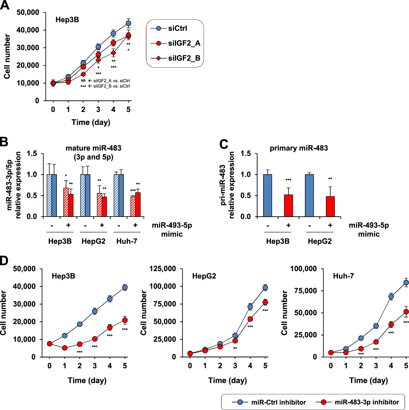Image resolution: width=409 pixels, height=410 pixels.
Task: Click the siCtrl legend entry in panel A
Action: [177, 28]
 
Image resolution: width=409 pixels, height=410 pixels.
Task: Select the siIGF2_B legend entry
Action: [184, 58]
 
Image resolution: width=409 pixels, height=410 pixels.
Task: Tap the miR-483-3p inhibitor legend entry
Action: [367, 402]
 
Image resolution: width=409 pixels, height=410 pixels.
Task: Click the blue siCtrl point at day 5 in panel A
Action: [128, 23]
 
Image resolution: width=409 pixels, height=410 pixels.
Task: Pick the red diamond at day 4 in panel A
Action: [113, 53]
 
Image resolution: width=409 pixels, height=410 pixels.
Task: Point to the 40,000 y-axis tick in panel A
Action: [28, 30]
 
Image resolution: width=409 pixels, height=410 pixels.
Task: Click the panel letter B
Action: [4, 142]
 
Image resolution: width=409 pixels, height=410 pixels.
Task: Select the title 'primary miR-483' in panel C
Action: [299, 148]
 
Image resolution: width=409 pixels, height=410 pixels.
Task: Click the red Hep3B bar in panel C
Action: [288, 206]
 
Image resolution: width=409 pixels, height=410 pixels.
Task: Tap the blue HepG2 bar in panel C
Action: [309, 195]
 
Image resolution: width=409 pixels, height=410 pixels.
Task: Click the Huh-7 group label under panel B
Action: [127, 241]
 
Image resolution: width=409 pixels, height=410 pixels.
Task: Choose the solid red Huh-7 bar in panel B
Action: [138, 204]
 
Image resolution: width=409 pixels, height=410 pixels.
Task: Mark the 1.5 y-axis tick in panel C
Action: [245, 153]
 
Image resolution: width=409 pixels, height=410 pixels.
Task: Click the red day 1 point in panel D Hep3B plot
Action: [65, 348]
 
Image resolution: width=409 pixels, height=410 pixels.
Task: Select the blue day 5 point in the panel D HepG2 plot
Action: [265, 288]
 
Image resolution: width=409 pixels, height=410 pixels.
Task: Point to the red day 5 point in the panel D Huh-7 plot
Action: [406, 312]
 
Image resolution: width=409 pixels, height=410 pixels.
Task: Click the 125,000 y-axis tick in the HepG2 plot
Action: [163, 269]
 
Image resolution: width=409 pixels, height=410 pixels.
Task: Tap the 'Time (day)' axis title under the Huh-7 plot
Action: [368, 380]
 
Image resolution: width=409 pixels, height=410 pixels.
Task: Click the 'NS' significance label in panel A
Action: [83, 81]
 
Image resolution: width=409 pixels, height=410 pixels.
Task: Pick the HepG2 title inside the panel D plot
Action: [204, 276]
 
